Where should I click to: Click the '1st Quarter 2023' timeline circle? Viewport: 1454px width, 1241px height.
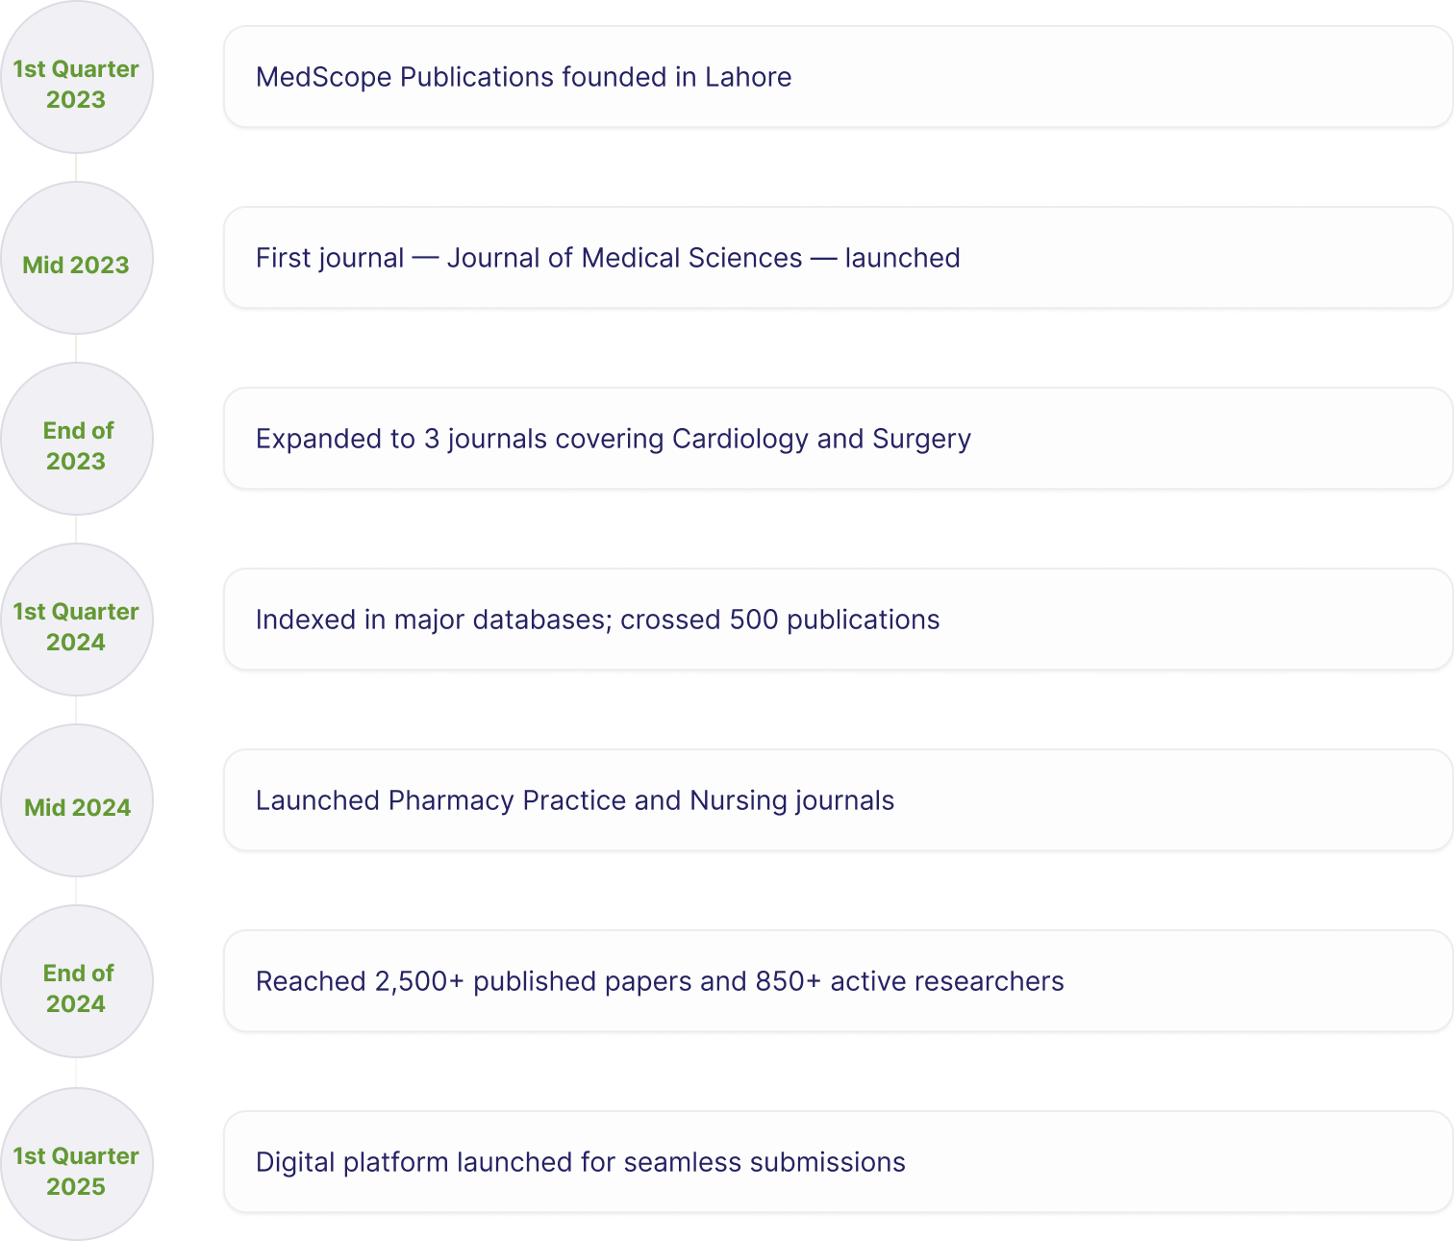coord(77,77)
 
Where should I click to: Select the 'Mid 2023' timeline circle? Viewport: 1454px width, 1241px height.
coord(77,258)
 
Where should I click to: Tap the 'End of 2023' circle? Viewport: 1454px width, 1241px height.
coord(77,439)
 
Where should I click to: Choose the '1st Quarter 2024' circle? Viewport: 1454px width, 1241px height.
coord(77,620)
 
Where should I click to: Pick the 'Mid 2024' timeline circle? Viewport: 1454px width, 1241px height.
coord(77,800)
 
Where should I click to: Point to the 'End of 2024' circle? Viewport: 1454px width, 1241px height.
coord(77,981)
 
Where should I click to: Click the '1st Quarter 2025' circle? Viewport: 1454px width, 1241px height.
coord(77,1164)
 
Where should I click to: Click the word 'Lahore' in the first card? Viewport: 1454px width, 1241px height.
coord(748,77)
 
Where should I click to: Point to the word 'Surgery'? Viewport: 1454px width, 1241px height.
coord(921,439)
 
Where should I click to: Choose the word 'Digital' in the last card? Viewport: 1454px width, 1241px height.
coord(294,1162)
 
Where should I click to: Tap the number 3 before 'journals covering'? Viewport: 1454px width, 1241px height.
coord(431,439)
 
